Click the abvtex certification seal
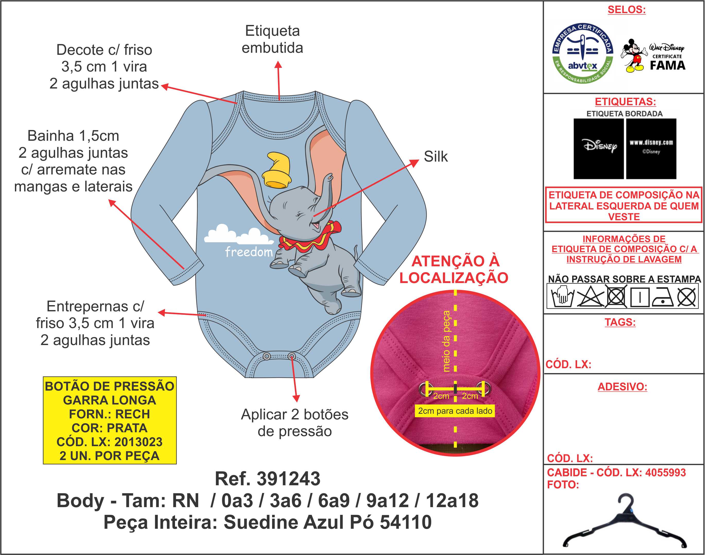point(582,53)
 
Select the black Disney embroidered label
point(598,148)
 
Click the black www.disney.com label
point(651,148)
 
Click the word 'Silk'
point(436,157)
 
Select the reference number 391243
point(288,479)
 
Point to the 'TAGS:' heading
point(620,322)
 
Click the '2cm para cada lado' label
point(455,411)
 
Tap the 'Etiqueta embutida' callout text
point(272,39)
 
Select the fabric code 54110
point(406,522)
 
